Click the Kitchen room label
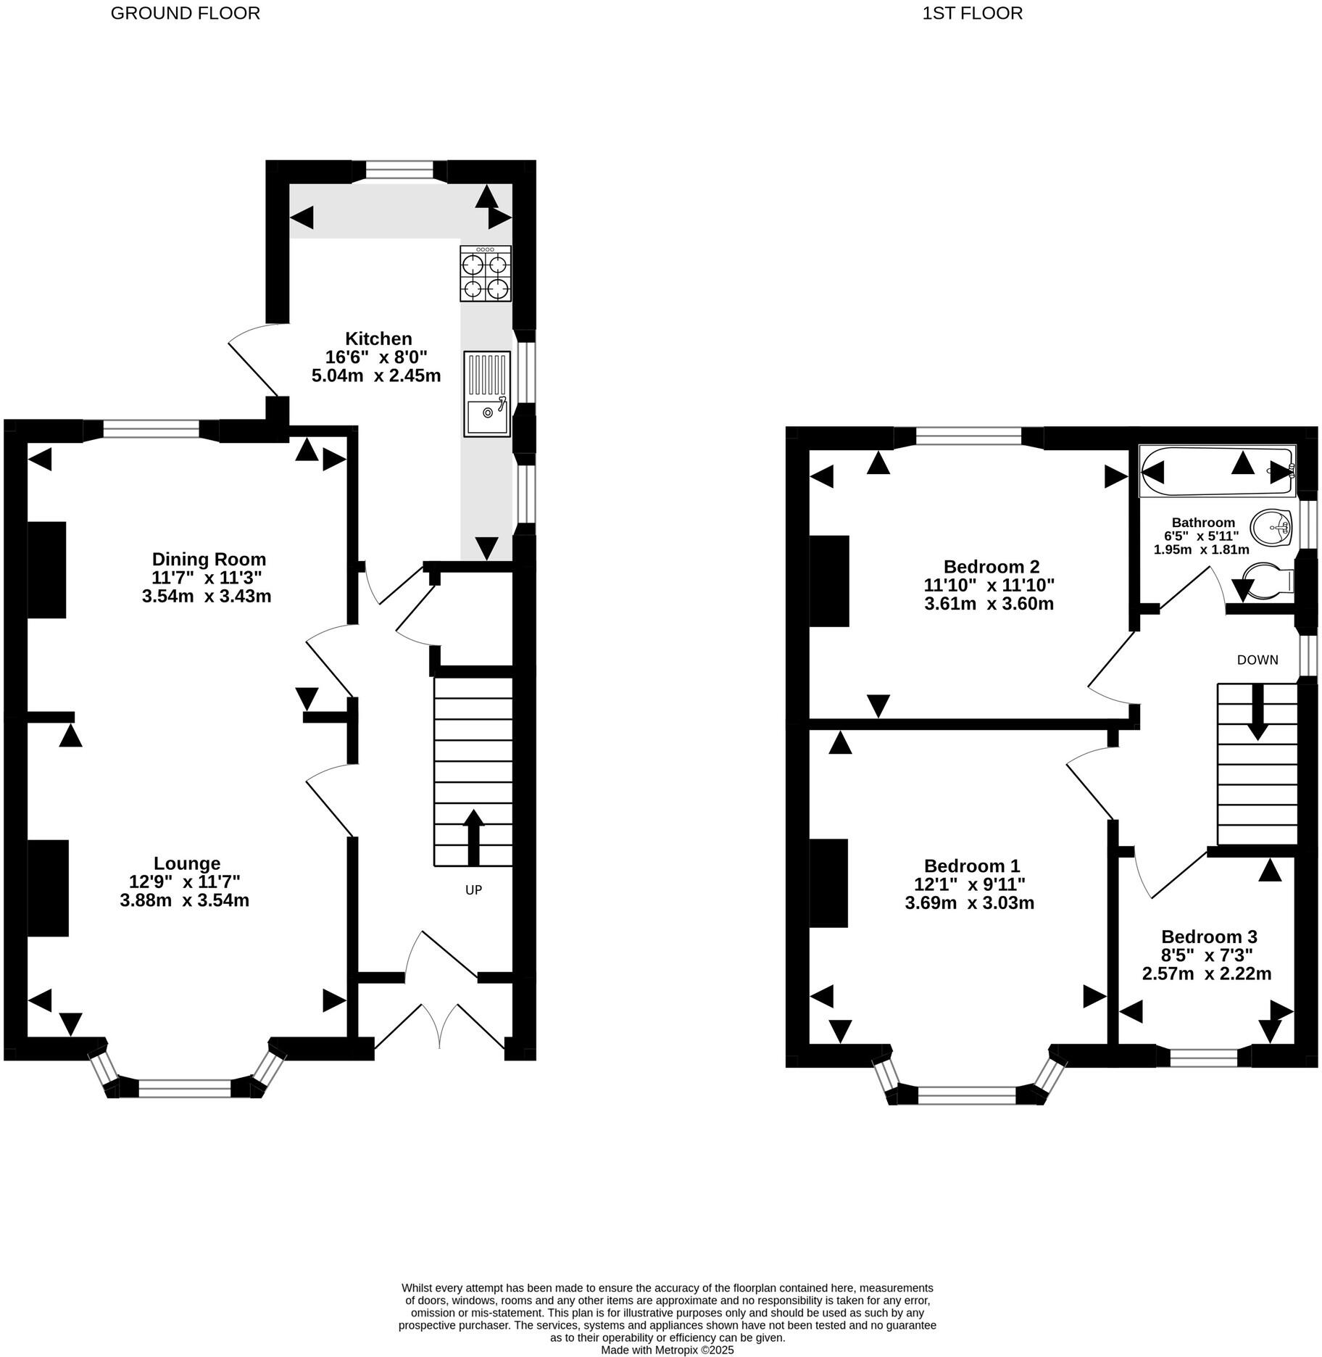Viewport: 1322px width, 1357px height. point(378,339)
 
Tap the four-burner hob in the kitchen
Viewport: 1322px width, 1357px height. point(485,273)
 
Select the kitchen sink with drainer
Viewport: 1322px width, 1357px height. point(486,394)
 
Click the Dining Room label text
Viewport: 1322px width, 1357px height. point(209,559)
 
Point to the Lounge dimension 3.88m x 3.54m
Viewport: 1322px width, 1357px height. point(185,900)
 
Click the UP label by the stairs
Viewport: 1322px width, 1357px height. point(473,889)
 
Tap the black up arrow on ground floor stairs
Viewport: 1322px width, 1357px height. point(473,837)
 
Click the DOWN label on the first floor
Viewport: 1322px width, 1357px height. point(1257,660)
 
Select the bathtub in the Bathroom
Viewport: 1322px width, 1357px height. point(1216,472)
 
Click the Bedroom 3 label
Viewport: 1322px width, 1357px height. point(1208,937)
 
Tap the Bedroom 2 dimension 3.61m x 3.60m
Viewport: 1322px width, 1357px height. point(989,604)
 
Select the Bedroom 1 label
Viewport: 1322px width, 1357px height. point(971,866)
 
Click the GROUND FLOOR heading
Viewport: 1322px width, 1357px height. point(185,13)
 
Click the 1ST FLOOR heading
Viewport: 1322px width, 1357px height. point(972,13)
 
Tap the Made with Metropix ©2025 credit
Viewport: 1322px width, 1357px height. point(667,1350)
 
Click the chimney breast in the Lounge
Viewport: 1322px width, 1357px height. point(48,888)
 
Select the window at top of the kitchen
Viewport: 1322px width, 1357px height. point(399,170)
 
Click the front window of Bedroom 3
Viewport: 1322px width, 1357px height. point(1203,1057)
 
